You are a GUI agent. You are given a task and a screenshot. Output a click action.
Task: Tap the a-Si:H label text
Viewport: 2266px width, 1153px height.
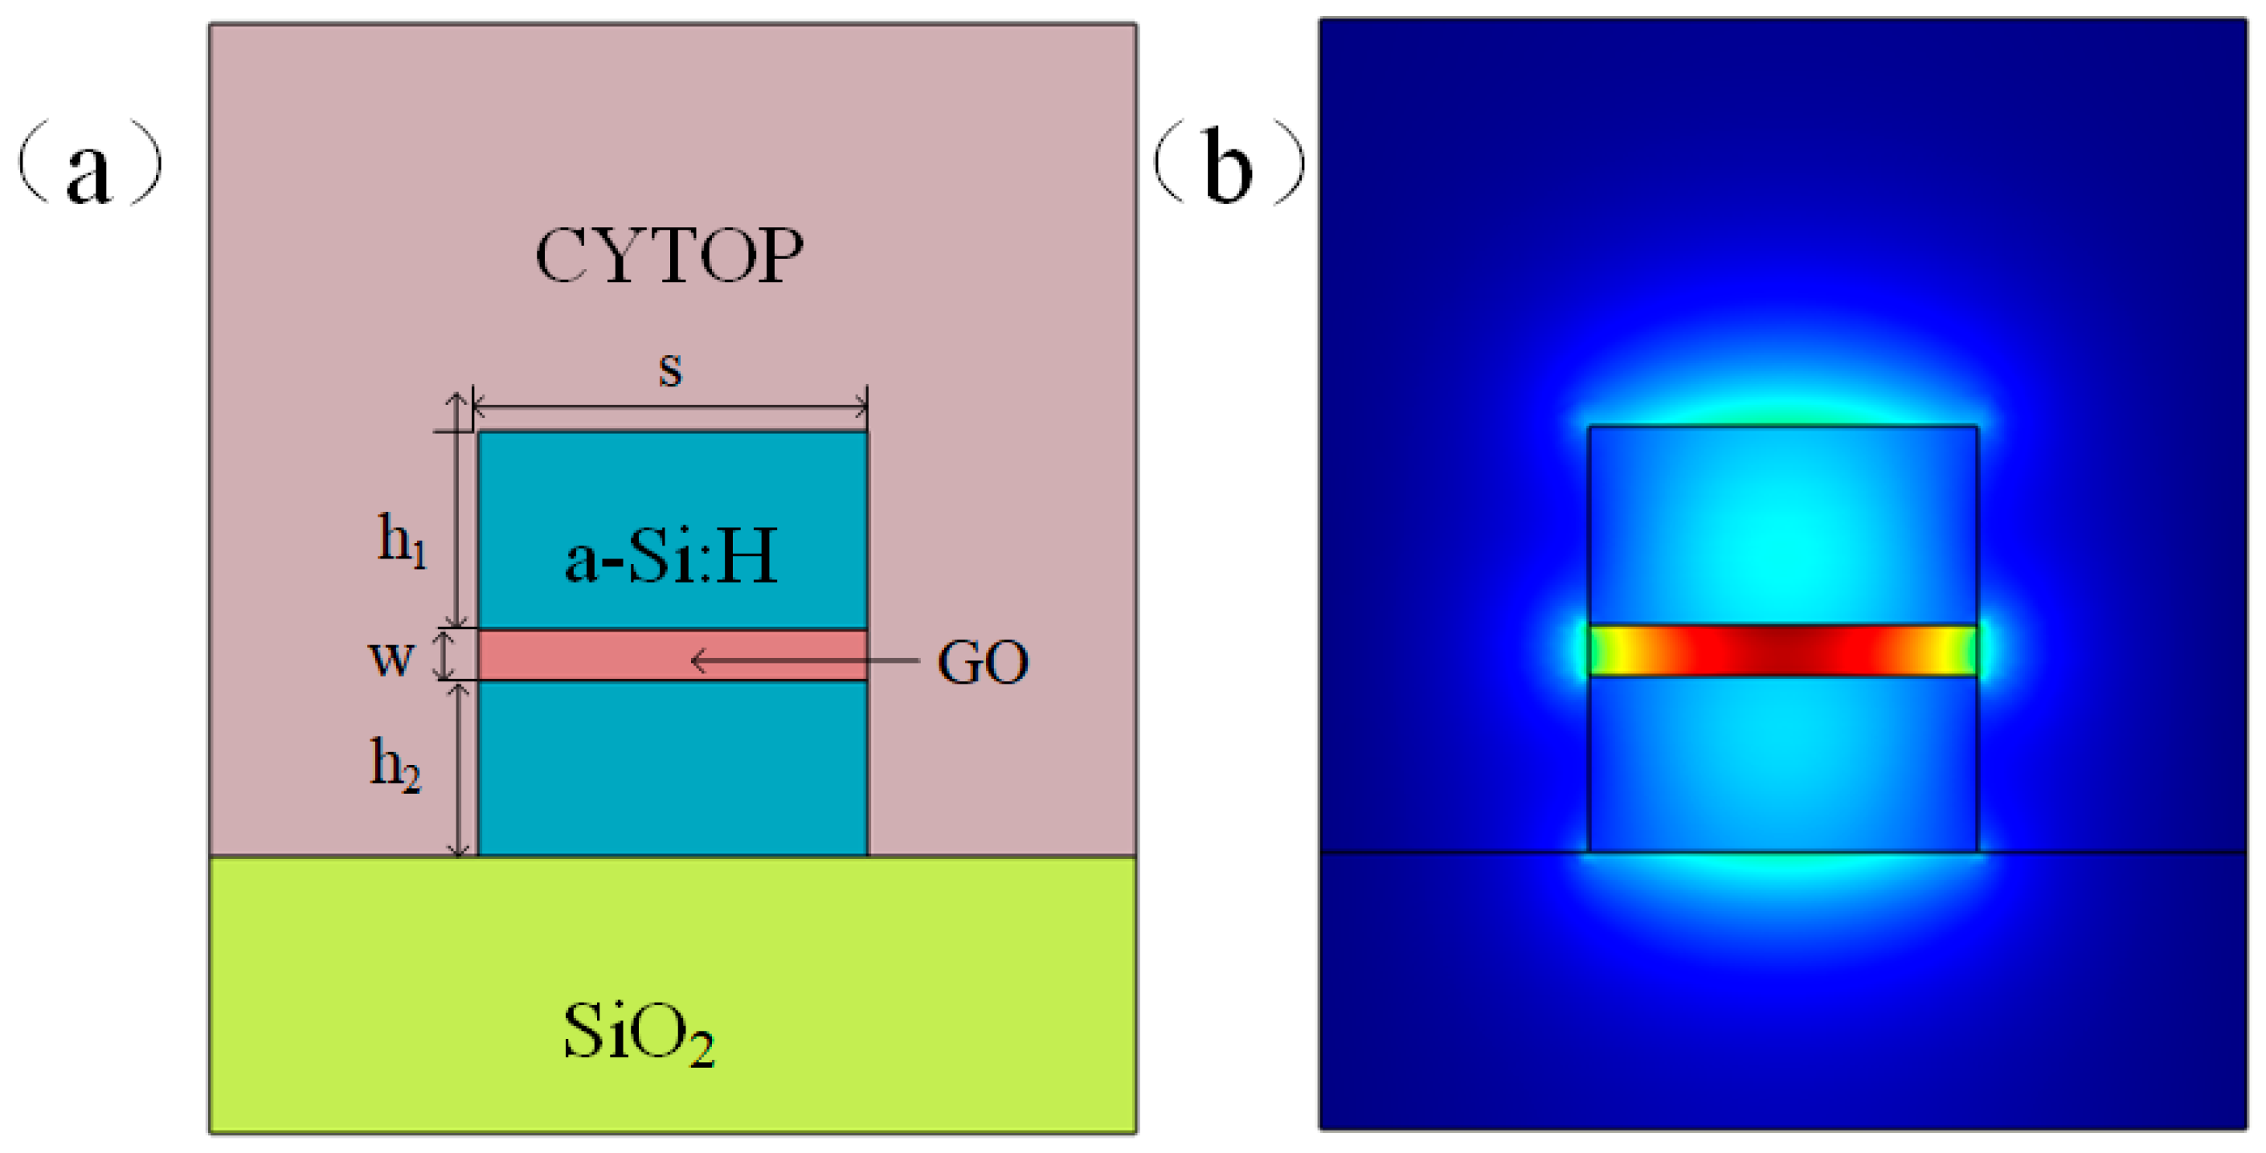point(670,558)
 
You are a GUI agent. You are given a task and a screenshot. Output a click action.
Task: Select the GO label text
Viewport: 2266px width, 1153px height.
point(982,662)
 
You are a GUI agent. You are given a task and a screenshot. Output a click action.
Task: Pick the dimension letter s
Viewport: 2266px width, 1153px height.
point(670,370)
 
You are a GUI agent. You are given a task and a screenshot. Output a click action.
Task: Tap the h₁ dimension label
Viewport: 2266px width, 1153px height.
point(402,538)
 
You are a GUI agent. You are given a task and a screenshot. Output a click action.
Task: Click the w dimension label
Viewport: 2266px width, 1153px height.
point(391,658)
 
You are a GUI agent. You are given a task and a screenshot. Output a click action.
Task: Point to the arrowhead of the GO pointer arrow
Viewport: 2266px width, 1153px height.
point(697,660)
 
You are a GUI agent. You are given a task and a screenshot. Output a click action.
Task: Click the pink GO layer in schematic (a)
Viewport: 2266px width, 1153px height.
point(581,655)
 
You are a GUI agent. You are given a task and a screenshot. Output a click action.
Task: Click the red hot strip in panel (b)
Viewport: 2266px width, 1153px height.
point(1783,650)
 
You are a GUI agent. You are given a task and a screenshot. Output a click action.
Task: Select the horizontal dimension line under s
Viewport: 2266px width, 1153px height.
point(670,407)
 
